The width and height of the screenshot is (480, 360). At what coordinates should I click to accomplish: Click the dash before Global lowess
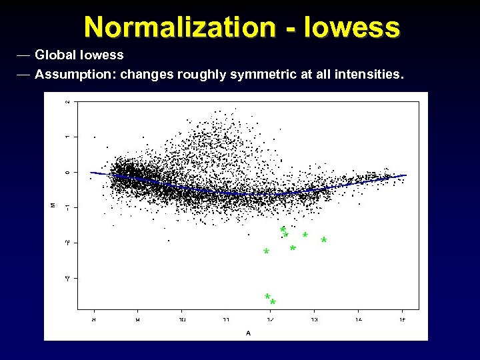(x=23, y=54)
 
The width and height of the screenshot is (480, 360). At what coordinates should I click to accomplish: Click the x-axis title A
(x=248, y=333)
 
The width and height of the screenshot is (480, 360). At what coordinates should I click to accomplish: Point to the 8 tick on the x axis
(x=93, y=320)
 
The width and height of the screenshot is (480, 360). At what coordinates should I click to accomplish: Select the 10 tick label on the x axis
(x=181, y=320)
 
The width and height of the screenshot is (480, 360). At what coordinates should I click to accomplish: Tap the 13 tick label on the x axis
(x=314, y=320)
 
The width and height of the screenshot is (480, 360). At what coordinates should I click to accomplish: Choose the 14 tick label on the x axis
(x=358, y=320)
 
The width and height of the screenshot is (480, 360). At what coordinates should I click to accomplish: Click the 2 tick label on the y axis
(x=67, y=102)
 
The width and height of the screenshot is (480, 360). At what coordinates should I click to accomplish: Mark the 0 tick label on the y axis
(x=67, y=172)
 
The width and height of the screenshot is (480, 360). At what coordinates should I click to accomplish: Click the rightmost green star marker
(x=324, y=240)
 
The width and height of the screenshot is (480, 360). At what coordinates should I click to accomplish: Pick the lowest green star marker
(x=273, y=303)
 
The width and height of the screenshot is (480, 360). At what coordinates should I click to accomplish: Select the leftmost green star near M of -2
(x=266, y=252)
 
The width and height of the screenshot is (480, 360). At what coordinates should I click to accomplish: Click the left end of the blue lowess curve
(x=92, y=173)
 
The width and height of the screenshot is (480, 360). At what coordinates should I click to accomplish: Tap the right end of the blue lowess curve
(x=405, y=175)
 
